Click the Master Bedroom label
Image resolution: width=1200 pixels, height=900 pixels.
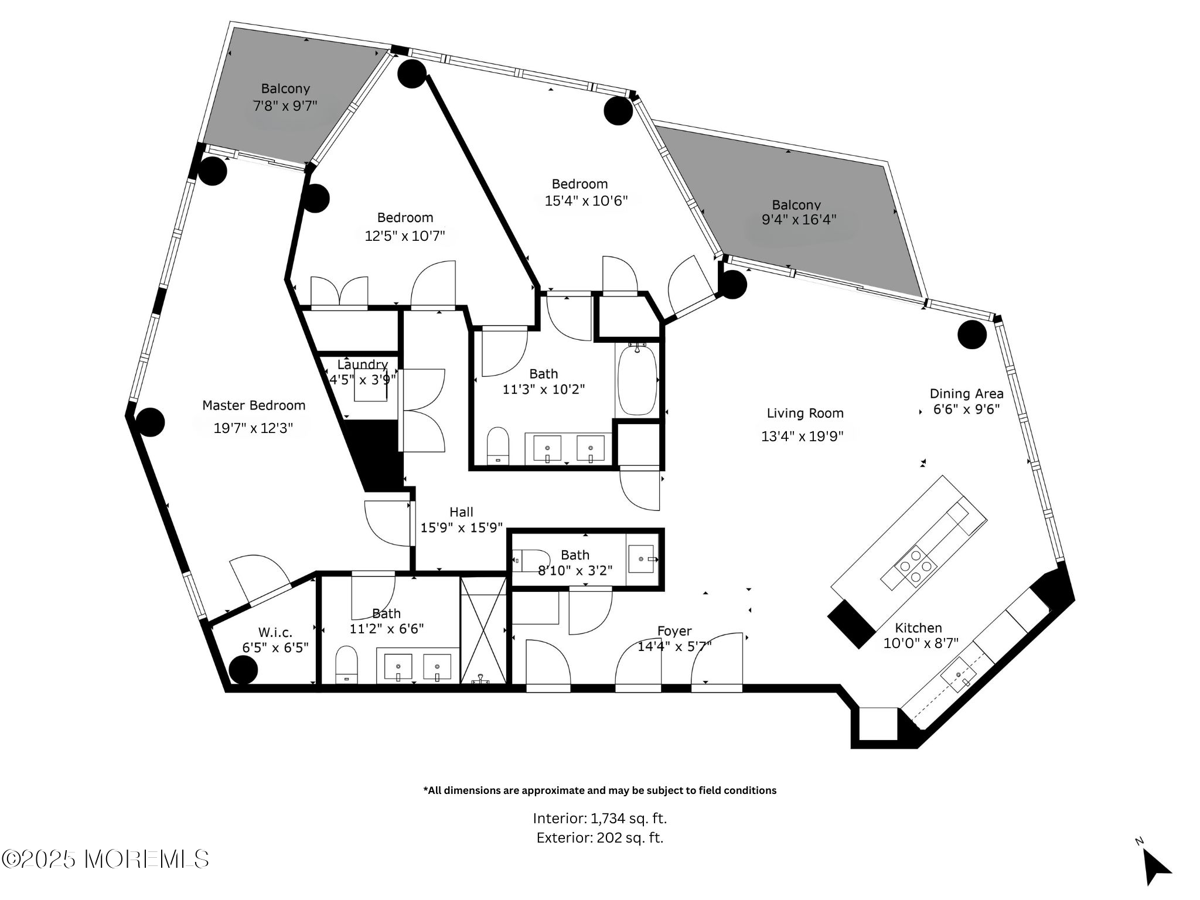coord(254,405)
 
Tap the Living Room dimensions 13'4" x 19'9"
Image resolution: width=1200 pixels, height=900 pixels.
coord(802,436)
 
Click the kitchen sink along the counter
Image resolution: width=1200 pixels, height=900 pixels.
coord(958,676)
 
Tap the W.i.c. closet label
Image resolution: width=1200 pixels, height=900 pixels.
coord(275,633)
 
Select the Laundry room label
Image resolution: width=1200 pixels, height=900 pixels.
coord(363,365)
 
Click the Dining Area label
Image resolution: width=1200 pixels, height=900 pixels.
coord(966,394)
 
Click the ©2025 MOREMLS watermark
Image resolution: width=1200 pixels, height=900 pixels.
coord(105,859)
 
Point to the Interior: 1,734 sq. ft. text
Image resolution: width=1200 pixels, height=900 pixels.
coord(599,818)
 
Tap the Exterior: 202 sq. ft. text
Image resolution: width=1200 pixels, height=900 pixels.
coord(599,838)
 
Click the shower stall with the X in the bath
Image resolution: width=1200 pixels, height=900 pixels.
coord(483,630)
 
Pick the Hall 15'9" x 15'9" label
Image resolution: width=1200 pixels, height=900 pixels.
coord(461,520)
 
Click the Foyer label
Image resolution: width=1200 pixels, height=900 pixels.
coord(674,631)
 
